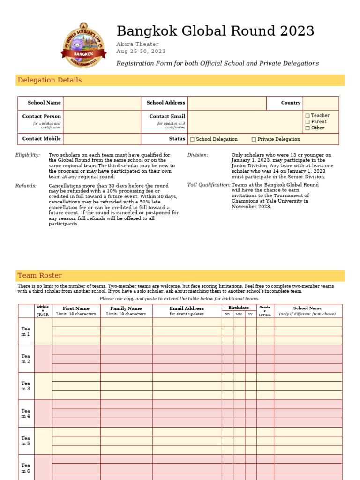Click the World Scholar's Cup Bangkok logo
83,45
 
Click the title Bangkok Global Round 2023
215,31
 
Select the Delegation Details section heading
50,80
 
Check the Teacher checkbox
307,116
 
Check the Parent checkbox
307,122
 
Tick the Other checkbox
307,128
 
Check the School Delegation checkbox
192,139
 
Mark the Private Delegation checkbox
254,139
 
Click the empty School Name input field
102,103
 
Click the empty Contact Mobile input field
102,139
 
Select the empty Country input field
321,103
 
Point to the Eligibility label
28,155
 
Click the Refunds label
26,186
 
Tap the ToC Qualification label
209,185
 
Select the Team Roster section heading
40,276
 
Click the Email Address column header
187,308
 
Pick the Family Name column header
126,308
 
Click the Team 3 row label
25,386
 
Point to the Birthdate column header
239,307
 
